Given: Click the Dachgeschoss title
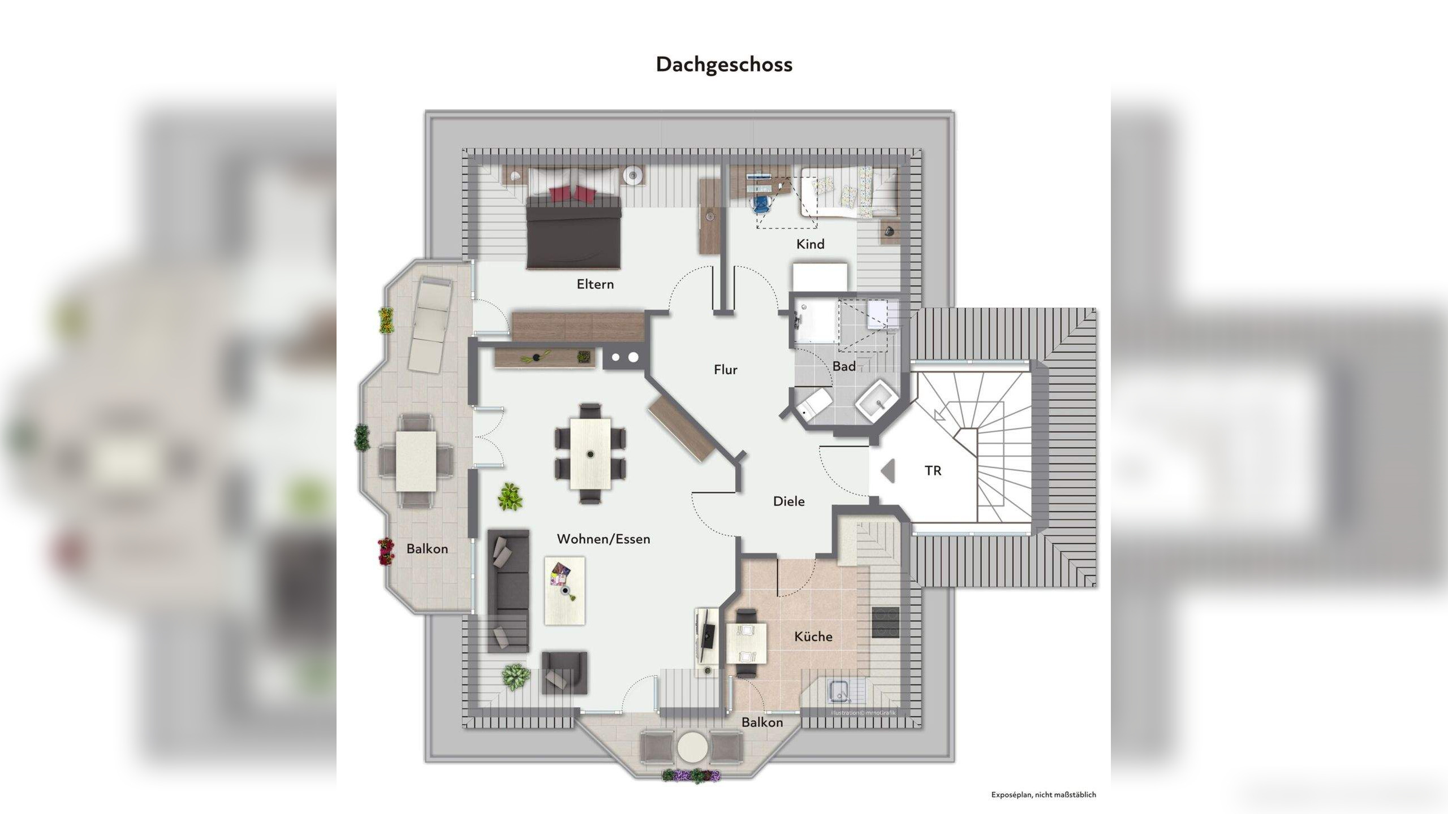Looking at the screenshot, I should pyautogui.click(x=724, y=64).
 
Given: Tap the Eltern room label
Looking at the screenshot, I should pyautogui.click(x=595, y=284).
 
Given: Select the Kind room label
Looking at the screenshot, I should pyautogui.click(x=810, y=244).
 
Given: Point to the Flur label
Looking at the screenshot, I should pyautogui.click(x=725, y=370).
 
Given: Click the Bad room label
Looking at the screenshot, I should pyautogui.click(x=843, y=366).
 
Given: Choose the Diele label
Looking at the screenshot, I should pyautogui.click(x=788, y=501).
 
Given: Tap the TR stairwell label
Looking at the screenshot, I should pyautogui.click(x=933, y=470).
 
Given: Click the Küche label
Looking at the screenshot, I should pyautogui.click(x=813, y=637).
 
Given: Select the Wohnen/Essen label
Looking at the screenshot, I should pyautogui.click(x=604, y=539).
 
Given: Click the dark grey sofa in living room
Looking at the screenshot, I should pyautogui.click(x=508, y=591).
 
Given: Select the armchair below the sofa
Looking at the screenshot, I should pyautogui.click(x=564, y=672).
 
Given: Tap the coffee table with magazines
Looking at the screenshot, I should pyautogui.click(x=564, y=590).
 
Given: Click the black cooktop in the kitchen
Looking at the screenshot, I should pyautogui.click(x=885, y=622).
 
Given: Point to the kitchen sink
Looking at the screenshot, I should pyautogui.click(x=839, y=691).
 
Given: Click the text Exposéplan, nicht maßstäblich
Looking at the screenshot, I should pyautogui.click(x=1043, y=795).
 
